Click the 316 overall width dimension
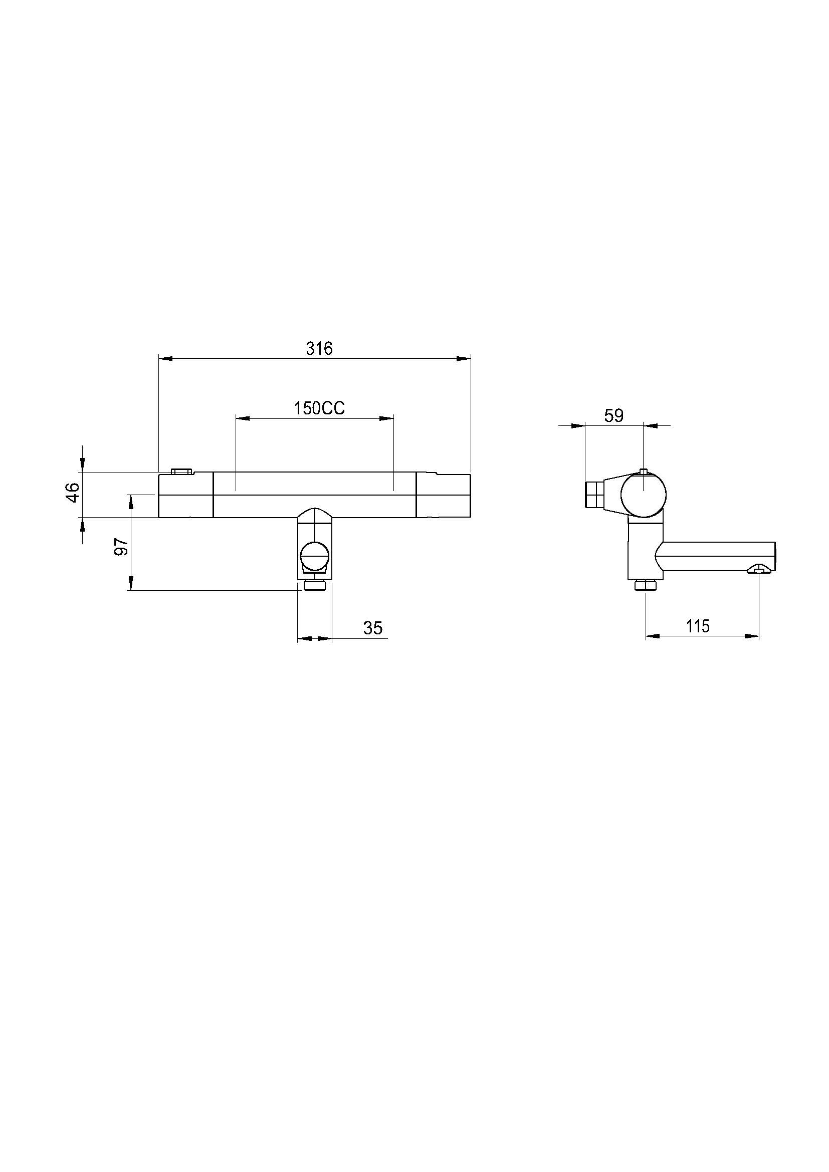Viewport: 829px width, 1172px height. coord(319,349)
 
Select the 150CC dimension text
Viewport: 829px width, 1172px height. coord(319,408)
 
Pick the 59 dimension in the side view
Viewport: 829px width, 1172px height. coord(613,416)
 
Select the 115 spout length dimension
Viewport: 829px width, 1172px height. coord(698,626)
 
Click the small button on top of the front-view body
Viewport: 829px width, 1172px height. coord(182,471)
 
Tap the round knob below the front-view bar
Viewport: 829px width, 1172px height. coord(315,556)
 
